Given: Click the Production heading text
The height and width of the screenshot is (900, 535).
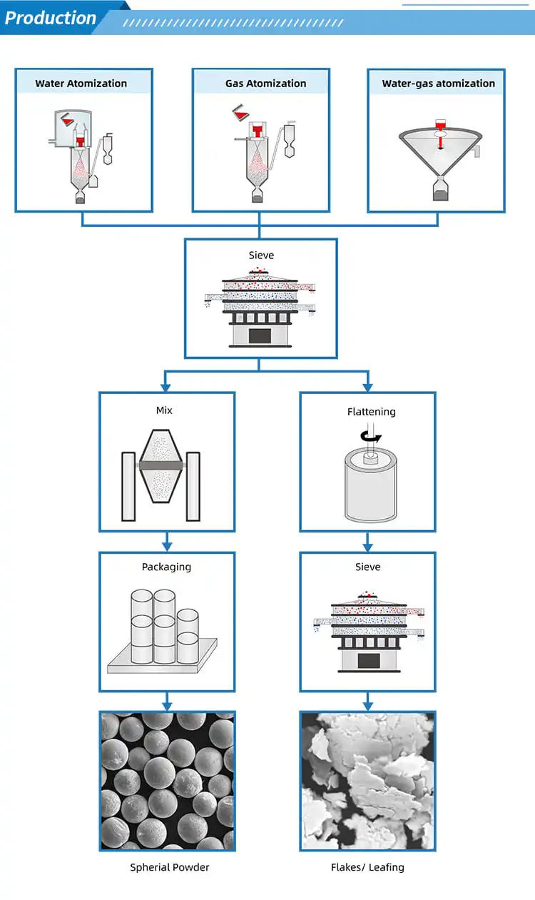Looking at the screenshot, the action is pos(51,18).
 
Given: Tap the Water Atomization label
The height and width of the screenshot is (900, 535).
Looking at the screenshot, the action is pos(81,84).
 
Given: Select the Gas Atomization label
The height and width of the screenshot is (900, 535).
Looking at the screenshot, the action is pos(265,84).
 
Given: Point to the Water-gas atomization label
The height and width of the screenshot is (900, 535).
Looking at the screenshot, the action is pos(439,84).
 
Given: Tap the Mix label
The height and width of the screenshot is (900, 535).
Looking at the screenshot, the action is pos(164,410).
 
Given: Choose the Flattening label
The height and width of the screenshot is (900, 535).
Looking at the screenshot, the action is pos(372,412).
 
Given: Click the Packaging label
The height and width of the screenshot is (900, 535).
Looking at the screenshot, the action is pos(166,567).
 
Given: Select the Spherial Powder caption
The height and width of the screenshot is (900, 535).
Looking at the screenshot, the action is pos(170,867).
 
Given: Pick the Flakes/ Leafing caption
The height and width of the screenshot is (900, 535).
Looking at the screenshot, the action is pos(367,867).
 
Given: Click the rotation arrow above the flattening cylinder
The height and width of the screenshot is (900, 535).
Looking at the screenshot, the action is pos(370,436).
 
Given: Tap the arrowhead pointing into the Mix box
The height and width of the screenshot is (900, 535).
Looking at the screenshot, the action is pos(165,388).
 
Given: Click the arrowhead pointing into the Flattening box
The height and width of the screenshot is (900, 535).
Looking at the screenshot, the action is pos(368,388).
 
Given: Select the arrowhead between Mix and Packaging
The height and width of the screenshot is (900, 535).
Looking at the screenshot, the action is pos(167,547).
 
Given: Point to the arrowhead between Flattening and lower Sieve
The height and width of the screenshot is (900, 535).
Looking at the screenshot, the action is pos(367,547).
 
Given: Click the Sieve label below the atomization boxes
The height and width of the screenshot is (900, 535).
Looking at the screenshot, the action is pos(261,255).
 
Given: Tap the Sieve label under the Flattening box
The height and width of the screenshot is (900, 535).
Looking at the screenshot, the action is pos(367,567).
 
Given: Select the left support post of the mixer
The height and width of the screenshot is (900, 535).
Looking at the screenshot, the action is pos(128,487).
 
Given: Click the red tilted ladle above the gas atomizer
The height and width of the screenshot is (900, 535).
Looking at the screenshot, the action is pos(241,113).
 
